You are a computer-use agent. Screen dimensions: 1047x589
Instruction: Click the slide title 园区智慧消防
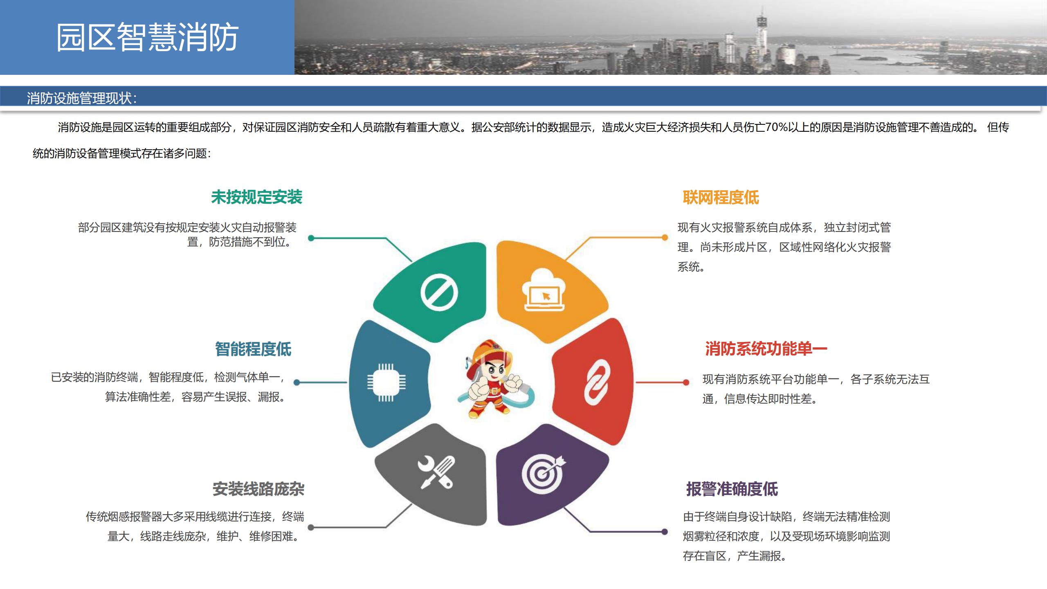tap(147, 37)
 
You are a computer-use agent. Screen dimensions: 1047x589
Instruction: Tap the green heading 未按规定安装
tap(256, 197)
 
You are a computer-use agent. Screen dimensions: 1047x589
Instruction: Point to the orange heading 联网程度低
tap(721, 198)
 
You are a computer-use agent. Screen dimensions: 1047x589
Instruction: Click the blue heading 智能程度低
tap(253, 349)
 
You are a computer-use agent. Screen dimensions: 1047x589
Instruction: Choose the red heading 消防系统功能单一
tap(766, 349)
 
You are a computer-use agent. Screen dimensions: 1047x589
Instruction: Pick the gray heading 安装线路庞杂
tap(258, 489)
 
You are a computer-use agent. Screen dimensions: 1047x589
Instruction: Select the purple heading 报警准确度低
tap(732, 489)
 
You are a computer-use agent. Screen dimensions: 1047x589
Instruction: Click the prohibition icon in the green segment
tap(439, 292)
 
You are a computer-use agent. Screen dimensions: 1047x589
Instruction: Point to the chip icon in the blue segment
tap(386, 382)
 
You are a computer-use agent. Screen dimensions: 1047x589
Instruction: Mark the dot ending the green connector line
tap(311, 238)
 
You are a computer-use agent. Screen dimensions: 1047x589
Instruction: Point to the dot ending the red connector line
tap(686, 382)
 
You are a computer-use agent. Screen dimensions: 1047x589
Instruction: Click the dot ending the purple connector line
tap(665, 532)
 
